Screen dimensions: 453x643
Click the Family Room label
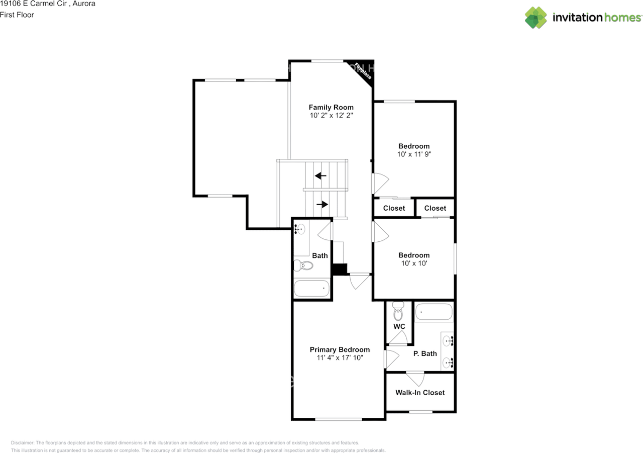tap(331, 107)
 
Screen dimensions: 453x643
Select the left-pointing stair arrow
tap(320, 175)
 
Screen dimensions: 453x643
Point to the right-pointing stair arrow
tap(321, 204)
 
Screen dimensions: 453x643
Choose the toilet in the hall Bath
tap(303, 264)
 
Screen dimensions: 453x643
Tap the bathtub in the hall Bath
tap(311, 289)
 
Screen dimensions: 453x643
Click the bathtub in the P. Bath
tap(434, 312)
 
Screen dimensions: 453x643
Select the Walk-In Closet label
tap(420, 392)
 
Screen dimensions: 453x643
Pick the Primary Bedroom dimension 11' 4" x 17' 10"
tap(340, 358)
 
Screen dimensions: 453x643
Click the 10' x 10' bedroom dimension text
tap(414, 263)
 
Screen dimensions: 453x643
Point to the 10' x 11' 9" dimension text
tap(414, 154)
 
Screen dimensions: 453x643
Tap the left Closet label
tap(394, 208)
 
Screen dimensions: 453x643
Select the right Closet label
tap(435, 208)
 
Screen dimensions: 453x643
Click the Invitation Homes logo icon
tap(536, 18)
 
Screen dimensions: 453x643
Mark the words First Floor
tap(17, 15)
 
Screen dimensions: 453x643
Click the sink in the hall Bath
tap(299, 229)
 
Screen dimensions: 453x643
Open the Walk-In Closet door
tap(415, 378)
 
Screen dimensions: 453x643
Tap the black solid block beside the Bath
tap(339, 269)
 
